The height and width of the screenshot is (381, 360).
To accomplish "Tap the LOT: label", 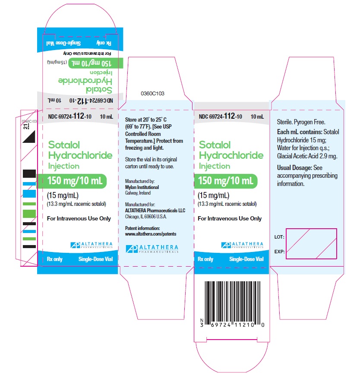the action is pyautogui.click(x=279, y=237).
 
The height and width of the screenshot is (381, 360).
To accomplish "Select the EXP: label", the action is pyautogui.click(x=279, y=252).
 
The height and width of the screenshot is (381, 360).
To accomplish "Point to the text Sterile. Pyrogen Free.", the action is pyautogui.click(x=301, y=122).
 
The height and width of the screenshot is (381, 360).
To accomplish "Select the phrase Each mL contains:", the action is pyautogui.click(x=300, y=132).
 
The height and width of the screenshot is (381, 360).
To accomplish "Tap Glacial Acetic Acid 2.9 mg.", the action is pyautogui.click(x=307, y=156).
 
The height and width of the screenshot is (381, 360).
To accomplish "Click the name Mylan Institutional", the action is pyautogui.click(x=142, y=187).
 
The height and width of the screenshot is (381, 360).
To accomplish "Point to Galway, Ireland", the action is pyautogui.click(x=138, y=193).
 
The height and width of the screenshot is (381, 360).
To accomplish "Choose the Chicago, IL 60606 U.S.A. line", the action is pyautogui.click(x=146, y=217).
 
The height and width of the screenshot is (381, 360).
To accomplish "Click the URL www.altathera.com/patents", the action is pyautogui.click(x=151, y=234).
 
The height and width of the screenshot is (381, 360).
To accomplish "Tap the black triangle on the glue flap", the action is pyautogui.click(x=29, y=138).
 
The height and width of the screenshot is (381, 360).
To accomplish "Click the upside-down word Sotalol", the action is pyautogui.click(x=99, y=90).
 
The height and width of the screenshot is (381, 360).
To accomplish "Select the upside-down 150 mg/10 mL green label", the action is pyautogui.click(x=96, y=63).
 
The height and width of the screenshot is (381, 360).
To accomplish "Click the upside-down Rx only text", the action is pyautogui.click(x=104, y=43).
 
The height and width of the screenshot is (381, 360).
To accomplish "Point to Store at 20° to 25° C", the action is pyautogui.click(x=146, y=120).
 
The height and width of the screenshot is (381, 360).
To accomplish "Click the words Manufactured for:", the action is pyautogui.click(x=140, y=205).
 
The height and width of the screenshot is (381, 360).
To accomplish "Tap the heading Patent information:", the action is pyautogui.click(x=142, y=228).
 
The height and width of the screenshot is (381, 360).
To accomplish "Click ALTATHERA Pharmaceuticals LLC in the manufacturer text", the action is pyautogui.click(x=155, y=211).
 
